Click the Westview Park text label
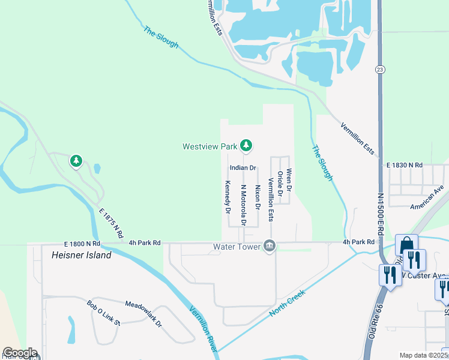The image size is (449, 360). point(210,146)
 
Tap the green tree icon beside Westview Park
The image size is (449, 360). point(246,145)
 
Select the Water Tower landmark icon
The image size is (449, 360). point(269,246)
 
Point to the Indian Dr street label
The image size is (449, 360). point(243,167)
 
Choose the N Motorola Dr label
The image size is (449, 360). point(244,204)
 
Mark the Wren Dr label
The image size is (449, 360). point(289,180)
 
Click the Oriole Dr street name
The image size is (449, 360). point(280,184)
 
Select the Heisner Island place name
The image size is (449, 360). point(77,255)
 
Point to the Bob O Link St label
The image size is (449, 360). point(103,313)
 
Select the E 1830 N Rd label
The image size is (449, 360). point(405,164)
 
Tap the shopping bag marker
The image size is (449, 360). point(406,245)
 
